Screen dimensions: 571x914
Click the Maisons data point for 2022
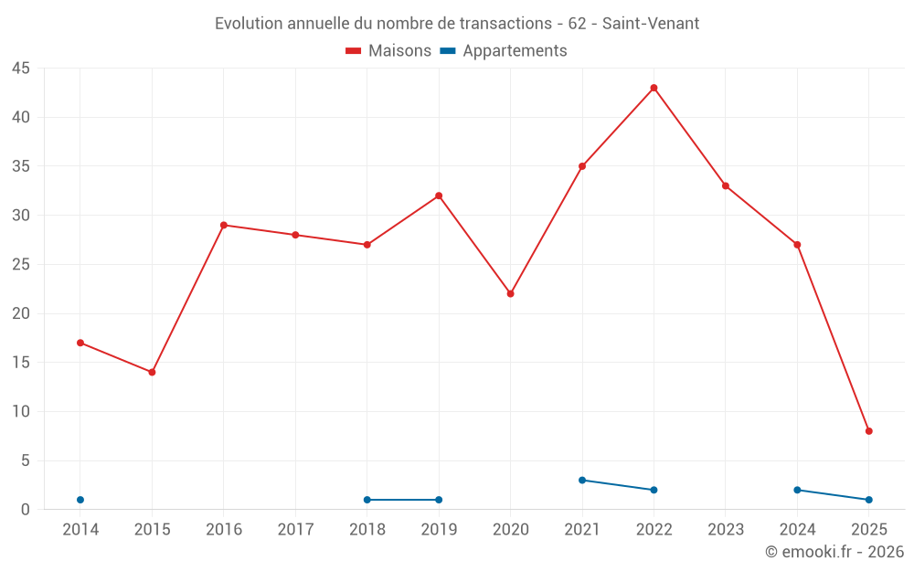(654, 88)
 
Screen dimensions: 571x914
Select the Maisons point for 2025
(869, 431)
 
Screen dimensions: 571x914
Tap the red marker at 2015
(152, 372)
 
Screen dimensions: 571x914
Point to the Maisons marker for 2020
(510, 293)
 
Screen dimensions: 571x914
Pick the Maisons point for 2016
(224, 225)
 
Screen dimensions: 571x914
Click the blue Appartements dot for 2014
(80, 500)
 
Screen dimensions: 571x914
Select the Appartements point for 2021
(582, 480)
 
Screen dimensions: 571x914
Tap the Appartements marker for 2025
(869, 500)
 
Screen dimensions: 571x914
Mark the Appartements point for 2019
(439, 500)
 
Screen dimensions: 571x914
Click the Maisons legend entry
(388, 51)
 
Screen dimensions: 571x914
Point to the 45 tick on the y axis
(21, 69)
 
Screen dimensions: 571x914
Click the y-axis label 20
(21, 313)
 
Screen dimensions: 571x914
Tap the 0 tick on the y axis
(26, 510)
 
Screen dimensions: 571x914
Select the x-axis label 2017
(295, 530)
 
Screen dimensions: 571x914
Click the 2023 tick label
(726, 530)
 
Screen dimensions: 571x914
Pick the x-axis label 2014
(80, 530)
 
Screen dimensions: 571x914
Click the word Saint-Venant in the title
(651, 24)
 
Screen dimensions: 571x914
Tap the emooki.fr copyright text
(834, 552)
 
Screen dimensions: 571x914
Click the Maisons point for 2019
(439, 196)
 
